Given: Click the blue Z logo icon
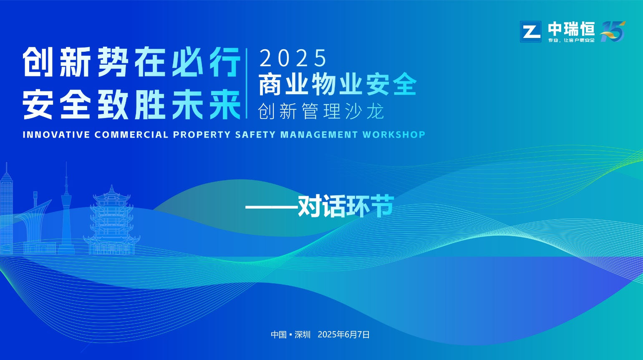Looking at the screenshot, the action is click(530, 32).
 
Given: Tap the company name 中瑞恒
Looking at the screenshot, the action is click(571, 29).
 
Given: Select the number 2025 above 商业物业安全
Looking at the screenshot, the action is click(293, 58).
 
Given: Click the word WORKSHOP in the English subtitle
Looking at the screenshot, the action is click(394, 135).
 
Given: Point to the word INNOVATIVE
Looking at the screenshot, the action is click(56, 135).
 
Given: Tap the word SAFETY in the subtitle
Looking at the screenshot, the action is click(255, 135).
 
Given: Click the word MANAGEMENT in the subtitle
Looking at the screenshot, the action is click(319, 135).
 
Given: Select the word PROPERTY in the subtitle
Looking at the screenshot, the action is click(202, 135).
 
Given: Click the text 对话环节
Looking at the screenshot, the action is click(346, 206).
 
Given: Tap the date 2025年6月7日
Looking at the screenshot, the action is click(343, 335).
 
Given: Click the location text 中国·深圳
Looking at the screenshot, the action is click(291, 335).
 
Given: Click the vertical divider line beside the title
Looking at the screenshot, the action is click(247, 83).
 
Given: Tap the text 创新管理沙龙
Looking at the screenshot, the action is click(321, 111).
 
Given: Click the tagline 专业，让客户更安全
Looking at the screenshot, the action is click(571, 40).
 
